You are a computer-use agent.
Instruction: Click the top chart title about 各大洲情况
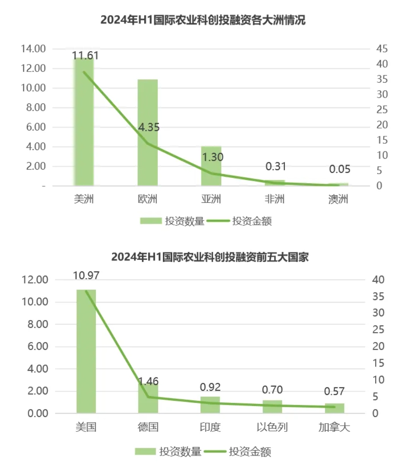click(203, 20)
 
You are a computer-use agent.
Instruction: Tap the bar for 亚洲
click(211, 166)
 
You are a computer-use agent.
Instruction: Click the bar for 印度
click(210, 405)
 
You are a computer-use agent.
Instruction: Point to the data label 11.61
click(85, 55)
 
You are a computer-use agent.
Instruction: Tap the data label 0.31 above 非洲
click(275, 166)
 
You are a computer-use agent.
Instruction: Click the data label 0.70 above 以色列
click(272, 390)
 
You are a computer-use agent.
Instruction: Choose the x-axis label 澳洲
click(338, 200)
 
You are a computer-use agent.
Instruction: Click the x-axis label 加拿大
click(334, 427)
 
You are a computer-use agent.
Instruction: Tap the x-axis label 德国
click(148, 427)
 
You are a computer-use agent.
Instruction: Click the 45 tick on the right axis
click(381, 49)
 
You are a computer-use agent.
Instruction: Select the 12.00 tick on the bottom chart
click(37, 280)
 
